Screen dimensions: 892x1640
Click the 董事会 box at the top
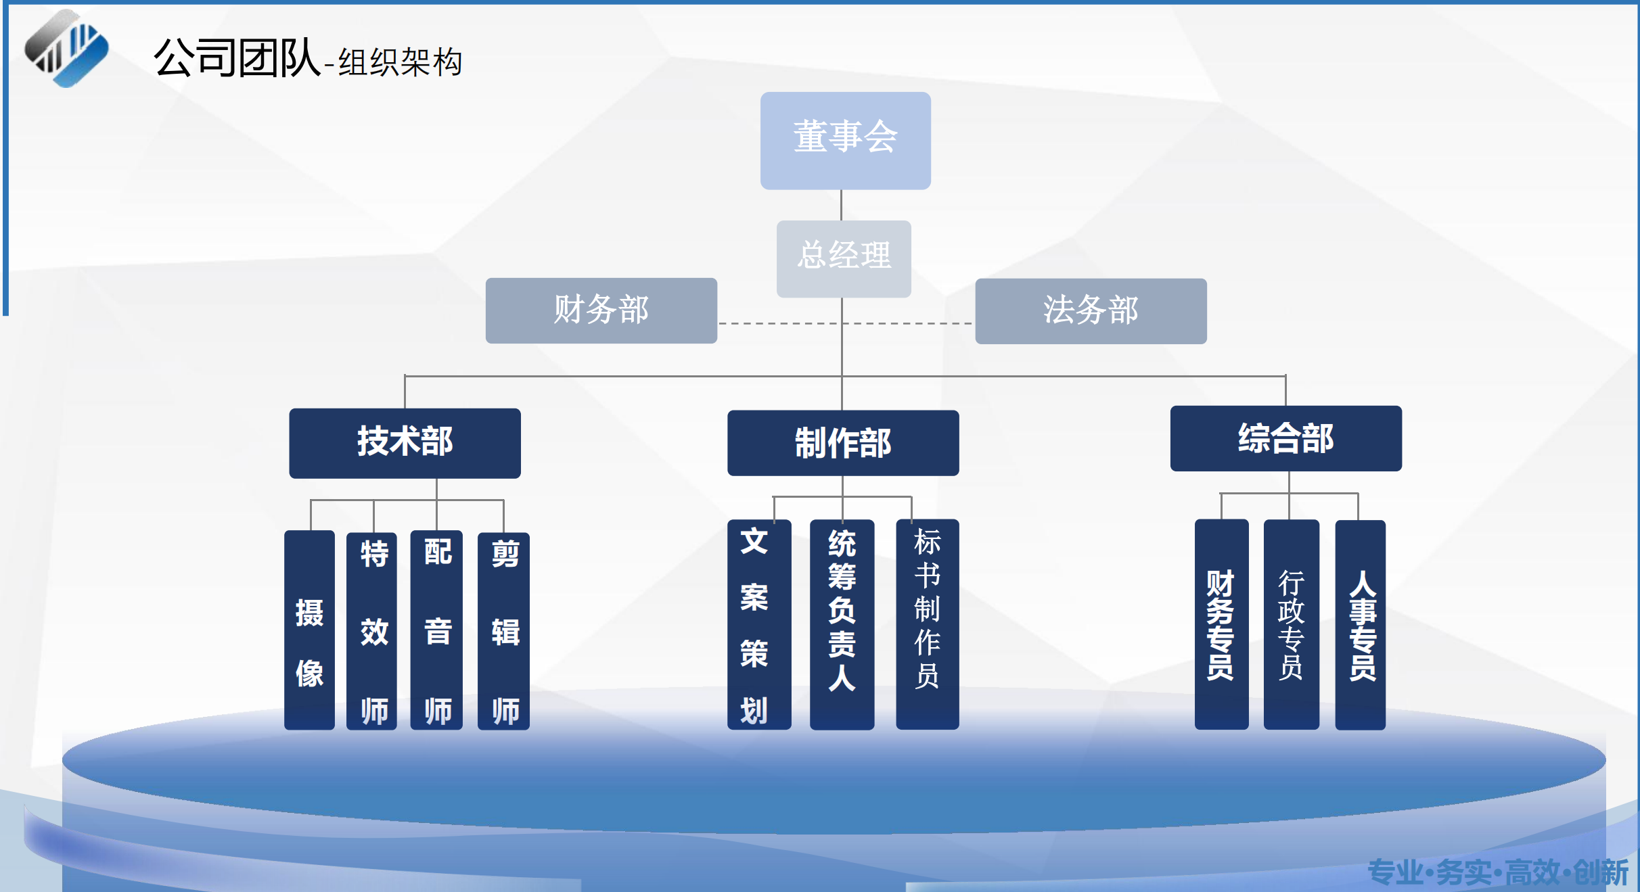click(x=845, y=140)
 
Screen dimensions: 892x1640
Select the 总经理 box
click(x=844, y=258)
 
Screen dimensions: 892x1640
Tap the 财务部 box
click(x=601, y=310)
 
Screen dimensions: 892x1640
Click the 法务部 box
click(x=1091, y=311)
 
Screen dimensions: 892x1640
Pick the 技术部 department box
click(x=405, y=443)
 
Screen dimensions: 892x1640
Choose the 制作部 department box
click(x=843, y=443)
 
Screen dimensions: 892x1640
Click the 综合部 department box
click(x=1285, y=438)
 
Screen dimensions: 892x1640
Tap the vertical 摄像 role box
click(x=309, y=630)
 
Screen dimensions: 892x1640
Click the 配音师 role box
click(x=436, y=630)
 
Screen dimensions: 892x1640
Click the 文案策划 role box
click(x=758, y=624)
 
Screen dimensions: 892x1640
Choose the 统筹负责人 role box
click(x=842, y=624)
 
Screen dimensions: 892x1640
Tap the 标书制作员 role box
click(x=927, y=624)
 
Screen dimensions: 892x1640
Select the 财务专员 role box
click(x=1221, y=624)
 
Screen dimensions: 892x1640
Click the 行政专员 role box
click(x=1291, y=624)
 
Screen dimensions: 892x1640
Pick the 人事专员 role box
click(x=1360, y=624)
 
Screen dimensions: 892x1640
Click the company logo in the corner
click(x=66, y=49)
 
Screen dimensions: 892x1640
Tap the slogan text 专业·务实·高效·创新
click(x=1497, y=872)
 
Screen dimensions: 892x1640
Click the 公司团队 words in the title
click(x=236, y=58)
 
